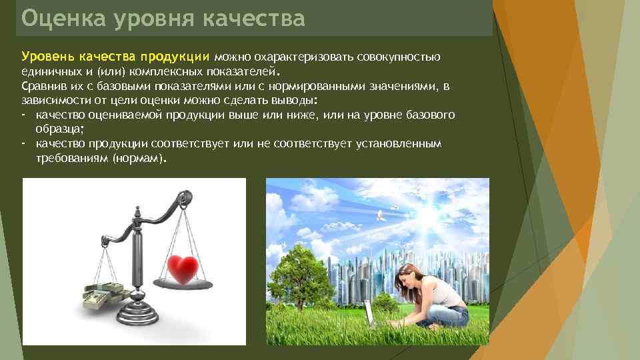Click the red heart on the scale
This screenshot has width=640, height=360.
point(182,269)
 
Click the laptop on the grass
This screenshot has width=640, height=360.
point(369,313)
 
